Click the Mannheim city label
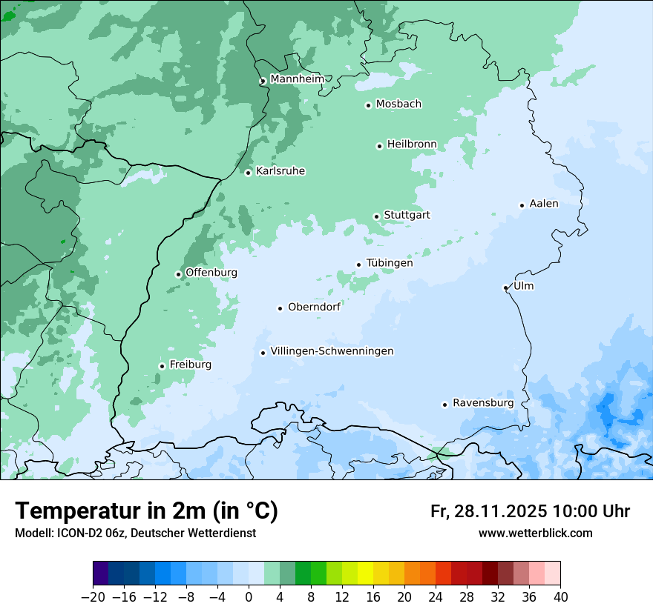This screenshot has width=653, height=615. [x=297, y=79]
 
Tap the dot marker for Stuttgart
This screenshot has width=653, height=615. [x=376, y=216]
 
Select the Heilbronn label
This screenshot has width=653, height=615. [x=412, y=144]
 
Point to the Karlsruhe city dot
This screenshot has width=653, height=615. [x=249, y=173]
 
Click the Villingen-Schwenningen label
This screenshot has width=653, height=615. [x=332, y=351]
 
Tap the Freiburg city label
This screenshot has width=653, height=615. [x=190, y=365]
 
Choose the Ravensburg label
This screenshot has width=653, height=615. [x=483, y=403]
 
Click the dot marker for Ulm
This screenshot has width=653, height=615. [x=505, y=287]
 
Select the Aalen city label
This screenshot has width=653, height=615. [x=544, y=204]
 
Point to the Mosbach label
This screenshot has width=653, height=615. [x=398, y=104]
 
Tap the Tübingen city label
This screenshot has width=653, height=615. [x=390, y=263]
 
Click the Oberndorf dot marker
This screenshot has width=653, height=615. [x=280, y=308]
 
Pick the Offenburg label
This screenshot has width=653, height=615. [x=211, y=273]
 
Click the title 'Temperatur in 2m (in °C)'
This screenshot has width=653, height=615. [x=146, y=511]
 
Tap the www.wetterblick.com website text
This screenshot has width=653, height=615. [x=535, y=533]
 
